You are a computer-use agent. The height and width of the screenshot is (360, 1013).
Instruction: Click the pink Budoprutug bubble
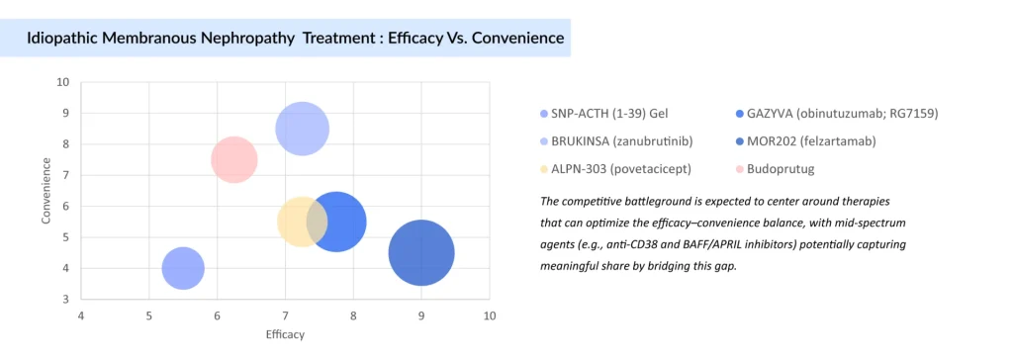click(234, 159)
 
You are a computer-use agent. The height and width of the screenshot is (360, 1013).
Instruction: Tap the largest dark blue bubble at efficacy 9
click(421, 253)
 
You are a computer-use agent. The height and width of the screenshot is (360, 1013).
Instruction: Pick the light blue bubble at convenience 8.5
click(302, 129)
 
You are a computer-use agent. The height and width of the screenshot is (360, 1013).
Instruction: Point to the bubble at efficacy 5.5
click(183, 268)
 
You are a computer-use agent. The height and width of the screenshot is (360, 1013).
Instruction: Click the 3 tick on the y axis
click(65, 299)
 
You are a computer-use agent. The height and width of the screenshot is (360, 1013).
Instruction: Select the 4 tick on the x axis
click(81, 315)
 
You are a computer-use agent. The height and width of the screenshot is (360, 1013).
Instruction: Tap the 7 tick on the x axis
click(285, 315)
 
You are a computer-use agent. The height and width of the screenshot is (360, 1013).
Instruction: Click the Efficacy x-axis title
click(285, 334)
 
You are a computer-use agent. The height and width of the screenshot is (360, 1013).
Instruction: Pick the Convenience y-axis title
click(46, 190)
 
